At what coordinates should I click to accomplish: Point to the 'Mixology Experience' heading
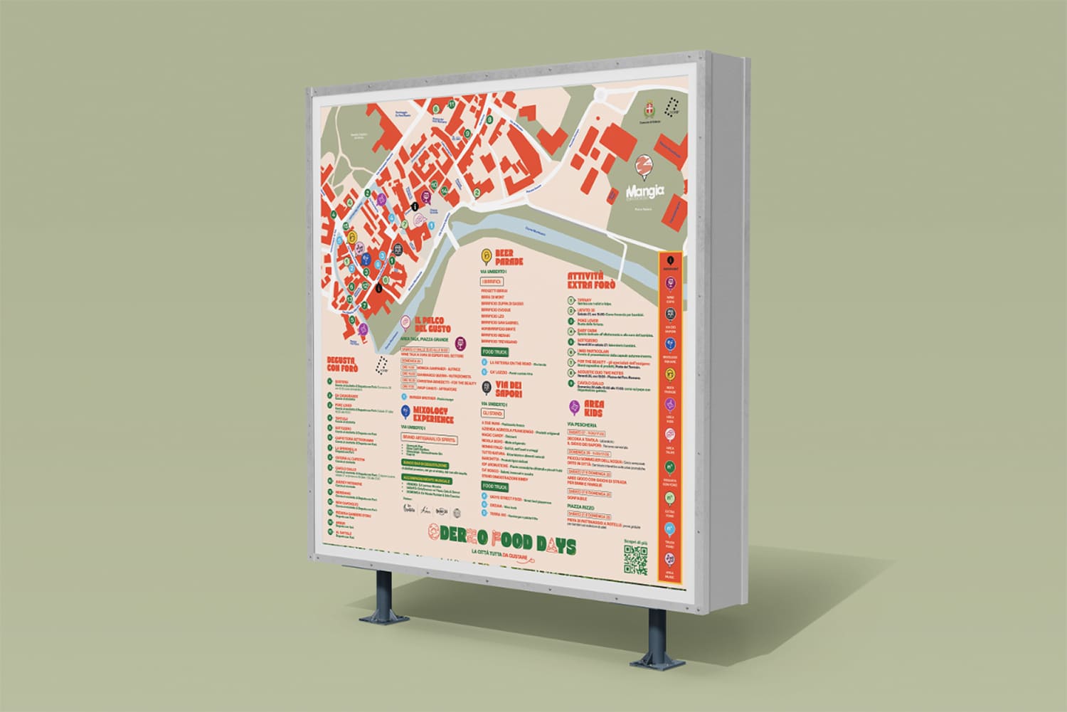coord(430,415)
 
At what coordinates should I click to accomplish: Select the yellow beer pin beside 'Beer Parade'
coord(486,255)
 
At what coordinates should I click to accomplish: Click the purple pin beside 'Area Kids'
coord(574,406)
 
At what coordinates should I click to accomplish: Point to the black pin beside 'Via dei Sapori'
coord(484,387)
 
